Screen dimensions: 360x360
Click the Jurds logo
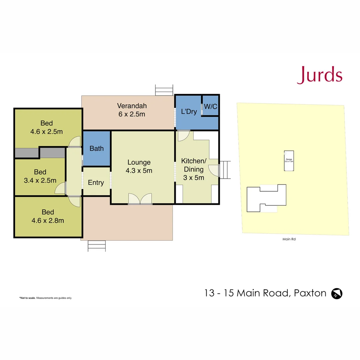tap(320, 75)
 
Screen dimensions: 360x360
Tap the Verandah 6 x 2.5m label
tap(132, 110)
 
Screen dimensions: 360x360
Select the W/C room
tap(210, 106)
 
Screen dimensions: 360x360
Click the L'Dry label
tap(189, 112)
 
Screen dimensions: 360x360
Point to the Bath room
tap(97, 149)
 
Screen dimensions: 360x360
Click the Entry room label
tap(96, 183)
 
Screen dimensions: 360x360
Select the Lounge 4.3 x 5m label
tap(139, 166)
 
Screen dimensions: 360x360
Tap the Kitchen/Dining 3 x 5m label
tap(194, 169)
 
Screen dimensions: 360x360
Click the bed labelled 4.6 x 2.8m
tap(48, 216)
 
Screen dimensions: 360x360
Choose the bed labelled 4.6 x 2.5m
tap(47, 127)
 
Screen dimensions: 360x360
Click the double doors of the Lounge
tap(140, 199)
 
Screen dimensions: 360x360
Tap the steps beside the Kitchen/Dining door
tap(226, 170)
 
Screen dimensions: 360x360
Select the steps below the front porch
tap(97, 246)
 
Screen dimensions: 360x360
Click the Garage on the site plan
tap(289, 161)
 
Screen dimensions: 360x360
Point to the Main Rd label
tap(289, 239)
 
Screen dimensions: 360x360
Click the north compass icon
tap(337, 293)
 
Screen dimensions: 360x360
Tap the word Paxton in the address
tap(310, 293)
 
